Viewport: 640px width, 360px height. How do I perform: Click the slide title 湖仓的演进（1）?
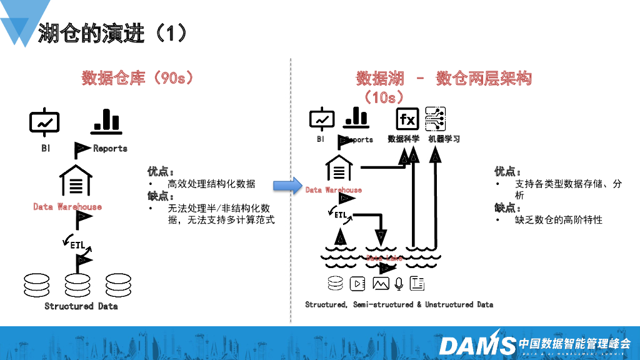tap(112, 32)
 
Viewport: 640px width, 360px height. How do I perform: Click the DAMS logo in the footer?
tap(477, 344)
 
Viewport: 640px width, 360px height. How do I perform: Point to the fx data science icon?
tap(407, 119)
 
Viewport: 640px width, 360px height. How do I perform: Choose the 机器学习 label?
tap(444, 139)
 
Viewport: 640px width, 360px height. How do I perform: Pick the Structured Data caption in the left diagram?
tap(81, 306)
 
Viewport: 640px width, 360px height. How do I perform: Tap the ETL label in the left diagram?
tap(78, 245)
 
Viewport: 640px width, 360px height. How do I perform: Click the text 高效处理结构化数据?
tap(211, 184)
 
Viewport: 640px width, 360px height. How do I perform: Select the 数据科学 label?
tap(403, 139)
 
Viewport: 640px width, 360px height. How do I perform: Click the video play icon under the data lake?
tap(357, 284)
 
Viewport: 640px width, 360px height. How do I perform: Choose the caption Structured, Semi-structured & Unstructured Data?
tap(399, 304)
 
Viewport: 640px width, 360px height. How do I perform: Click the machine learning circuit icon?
tap(435, 118)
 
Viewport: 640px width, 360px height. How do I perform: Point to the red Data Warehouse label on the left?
tap(67, 206)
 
